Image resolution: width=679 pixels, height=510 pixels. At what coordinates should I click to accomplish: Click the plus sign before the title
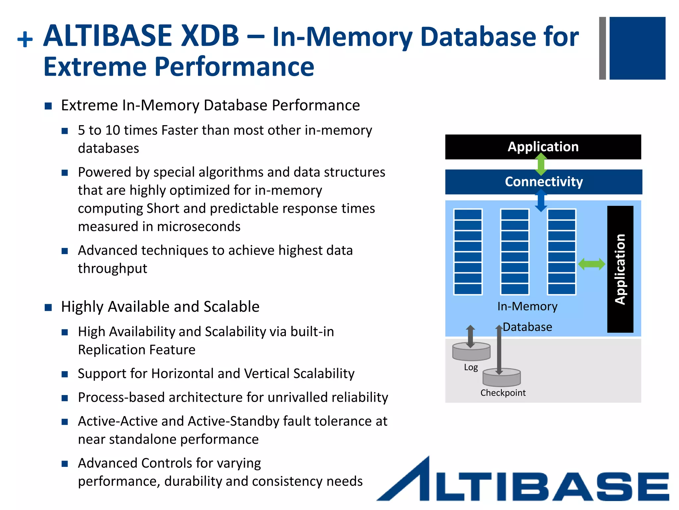coord(25,40)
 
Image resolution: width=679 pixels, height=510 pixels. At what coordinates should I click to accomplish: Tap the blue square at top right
coord(637,48)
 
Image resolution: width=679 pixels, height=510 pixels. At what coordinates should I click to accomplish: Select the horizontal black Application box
coord(543,147)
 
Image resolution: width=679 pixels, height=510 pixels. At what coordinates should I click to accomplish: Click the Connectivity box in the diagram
coord(543,182)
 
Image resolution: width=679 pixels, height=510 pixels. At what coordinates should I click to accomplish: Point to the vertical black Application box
coord(620,269)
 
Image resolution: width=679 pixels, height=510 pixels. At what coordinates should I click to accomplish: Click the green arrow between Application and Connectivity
coord(541,164)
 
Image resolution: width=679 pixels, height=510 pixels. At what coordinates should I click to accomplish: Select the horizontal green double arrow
coord(591,264)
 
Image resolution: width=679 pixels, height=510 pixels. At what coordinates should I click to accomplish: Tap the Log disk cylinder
coord(471,352)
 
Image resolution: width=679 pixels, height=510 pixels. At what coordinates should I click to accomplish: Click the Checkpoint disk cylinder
coord(502,378)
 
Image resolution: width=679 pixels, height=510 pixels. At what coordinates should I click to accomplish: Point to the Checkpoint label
coord(503,393)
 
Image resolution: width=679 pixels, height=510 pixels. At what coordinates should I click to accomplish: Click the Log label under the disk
coord(471,367)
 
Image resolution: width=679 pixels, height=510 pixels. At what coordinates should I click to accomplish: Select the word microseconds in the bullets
coord(199,226)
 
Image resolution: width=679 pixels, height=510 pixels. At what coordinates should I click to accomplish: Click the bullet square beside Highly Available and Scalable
coord(48,307)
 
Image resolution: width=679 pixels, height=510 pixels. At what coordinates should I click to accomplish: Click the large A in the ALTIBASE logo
coord(408,480)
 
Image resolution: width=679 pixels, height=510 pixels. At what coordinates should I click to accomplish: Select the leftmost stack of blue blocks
coord(468,252)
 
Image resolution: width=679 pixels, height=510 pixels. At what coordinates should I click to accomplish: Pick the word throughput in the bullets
coord(112,268)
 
